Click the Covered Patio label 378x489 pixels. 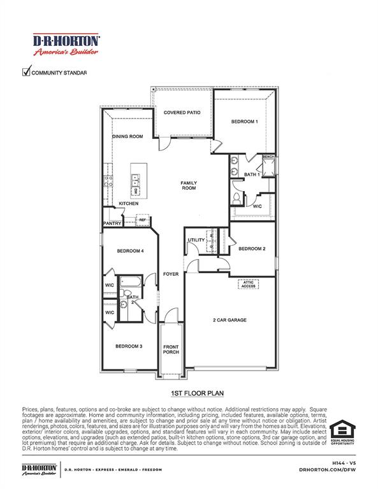point(182,113)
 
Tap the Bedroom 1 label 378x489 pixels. point(244,122)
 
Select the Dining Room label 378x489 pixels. point(127,136)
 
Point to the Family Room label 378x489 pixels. point(189,186)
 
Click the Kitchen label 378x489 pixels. point(128,204)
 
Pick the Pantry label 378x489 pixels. point(112,223)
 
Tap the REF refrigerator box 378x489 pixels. point(142,220)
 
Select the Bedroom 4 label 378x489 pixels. point(130,252)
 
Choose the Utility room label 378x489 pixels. point(196,240)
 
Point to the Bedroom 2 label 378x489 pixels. point(252,249)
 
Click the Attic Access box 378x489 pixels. point(249,284)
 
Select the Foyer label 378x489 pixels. point(171,274)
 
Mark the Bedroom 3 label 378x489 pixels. point(128,346)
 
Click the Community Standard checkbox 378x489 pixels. point(27,72)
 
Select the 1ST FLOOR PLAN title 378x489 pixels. point(189,394)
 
